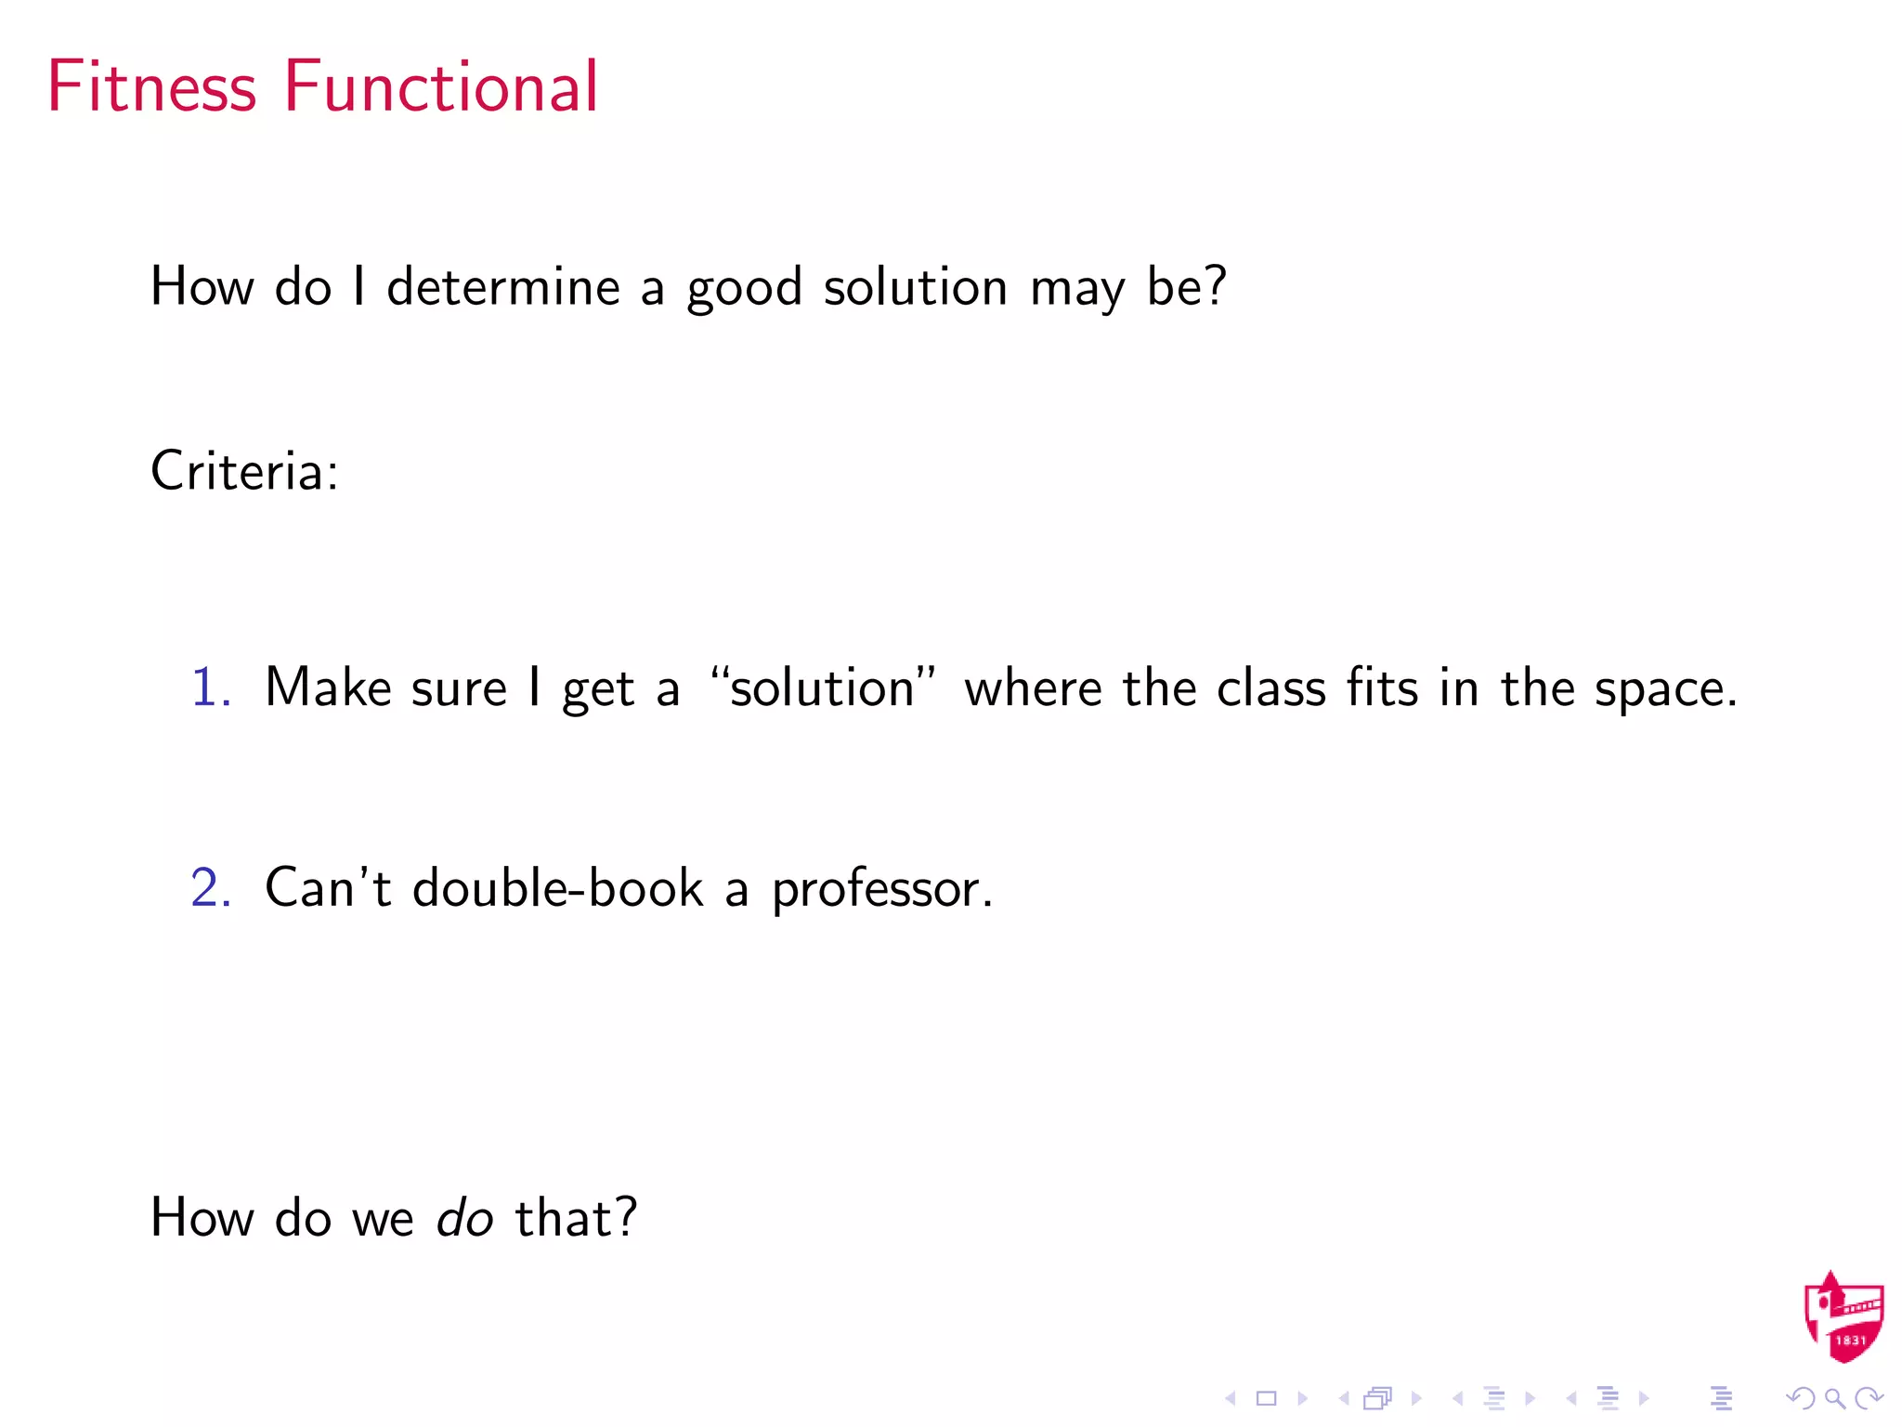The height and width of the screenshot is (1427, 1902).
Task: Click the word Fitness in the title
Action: click(x=151, y=86)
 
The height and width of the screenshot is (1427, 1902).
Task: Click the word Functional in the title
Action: click(x=441, y=86)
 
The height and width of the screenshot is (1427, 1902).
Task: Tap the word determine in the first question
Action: click(x=502, y=286)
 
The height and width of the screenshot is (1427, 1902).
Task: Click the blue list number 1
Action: click(x=210, y=688)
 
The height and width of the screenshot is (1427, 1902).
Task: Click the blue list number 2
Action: click(x=210, y=888)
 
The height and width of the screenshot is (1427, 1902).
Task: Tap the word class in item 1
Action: click(x=1271, y=688)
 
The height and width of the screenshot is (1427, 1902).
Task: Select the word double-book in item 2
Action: click(x=557, y=888)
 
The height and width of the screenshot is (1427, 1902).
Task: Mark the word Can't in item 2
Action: click(x=328, y=888)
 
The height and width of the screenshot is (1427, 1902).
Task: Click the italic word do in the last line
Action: click(x=464, y=1218)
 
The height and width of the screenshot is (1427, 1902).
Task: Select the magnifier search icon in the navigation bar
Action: click(x=1834, y=1398)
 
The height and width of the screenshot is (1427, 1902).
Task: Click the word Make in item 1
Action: click(x=328, y=688)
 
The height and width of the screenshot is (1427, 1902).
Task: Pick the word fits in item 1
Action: click(x=1382, y=688)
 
